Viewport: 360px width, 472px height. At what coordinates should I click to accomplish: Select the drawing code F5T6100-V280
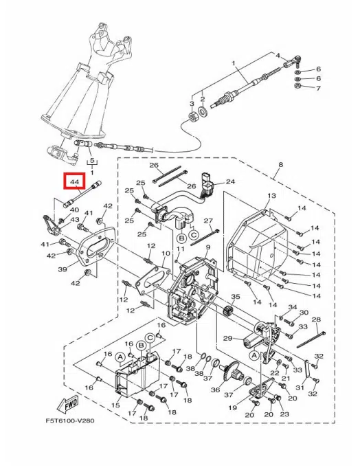click(70, 421)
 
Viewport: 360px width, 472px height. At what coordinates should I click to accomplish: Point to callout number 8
click(280, 166)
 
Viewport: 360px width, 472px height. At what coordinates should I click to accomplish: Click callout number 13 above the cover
click(271, 196)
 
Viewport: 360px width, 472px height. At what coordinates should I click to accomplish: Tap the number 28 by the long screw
click(316, 320)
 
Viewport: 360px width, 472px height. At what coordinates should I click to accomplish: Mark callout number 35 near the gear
click(235, 297)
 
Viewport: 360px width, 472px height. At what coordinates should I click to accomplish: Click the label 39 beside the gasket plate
click(62, 269)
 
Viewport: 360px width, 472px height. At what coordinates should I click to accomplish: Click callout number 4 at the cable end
click(278, 55)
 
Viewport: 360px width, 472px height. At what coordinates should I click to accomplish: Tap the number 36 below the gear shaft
click(215, 390)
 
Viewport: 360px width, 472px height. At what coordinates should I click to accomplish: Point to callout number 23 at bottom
click(284, 414)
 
